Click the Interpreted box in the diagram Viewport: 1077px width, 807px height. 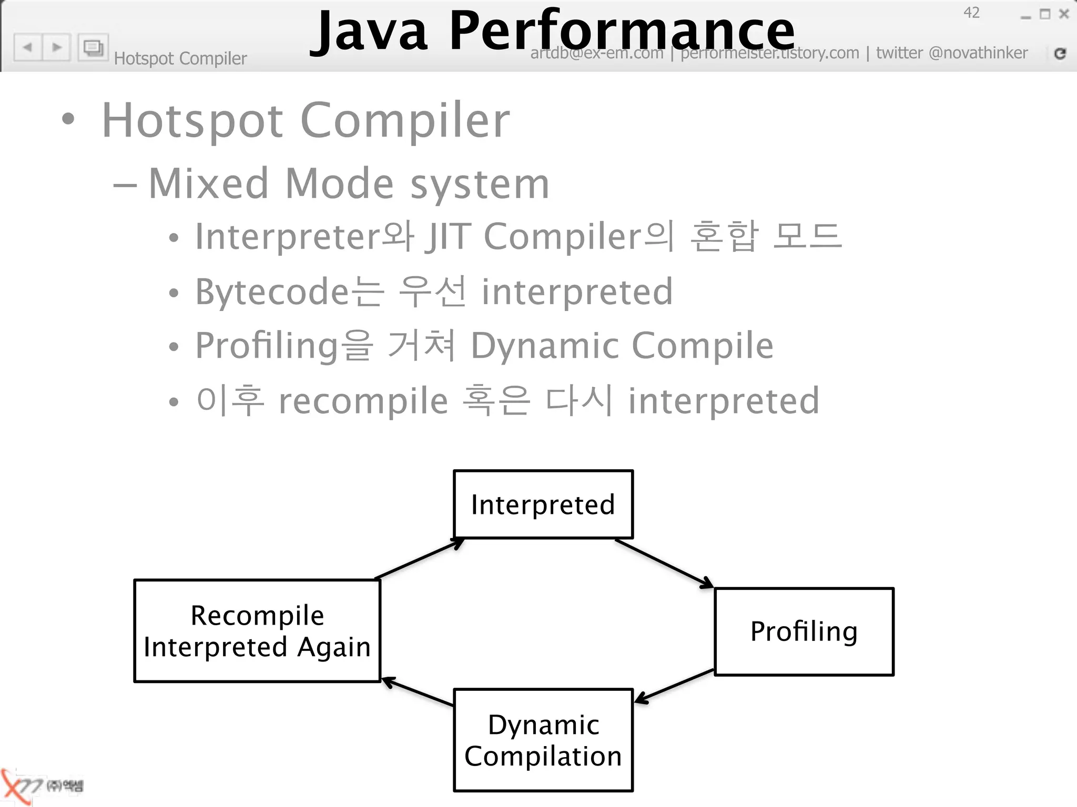coord(543,504)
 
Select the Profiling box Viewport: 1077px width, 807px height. coord(804,632)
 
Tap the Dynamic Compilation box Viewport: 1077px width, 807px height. coord(543,740)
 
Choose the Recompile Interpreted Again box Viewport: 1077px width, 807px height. coord(257,630)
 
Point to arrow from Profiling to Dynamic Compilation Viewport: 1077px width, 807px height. coord(675,686)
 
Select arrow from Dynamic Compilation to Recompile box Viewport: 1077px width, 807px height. coord(418,692)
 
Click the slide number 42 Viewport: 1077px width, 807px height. coord(971,13)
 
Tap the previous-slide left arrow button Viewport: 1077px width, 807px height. coord(28,47)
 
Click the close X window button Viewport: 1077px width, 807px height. coord(1064,14)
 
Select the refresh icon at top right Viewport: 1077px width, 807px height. coord(1060,53)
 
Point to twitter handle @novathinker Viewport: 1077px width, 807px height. coord(978,53)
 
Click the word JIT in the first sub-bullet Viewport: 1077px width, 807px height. coord(448,236)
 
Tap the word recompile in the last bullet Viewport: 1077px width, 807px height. coord(363,401)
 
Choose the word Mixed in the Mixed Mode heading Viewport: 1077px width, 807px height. coord(209,183)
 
